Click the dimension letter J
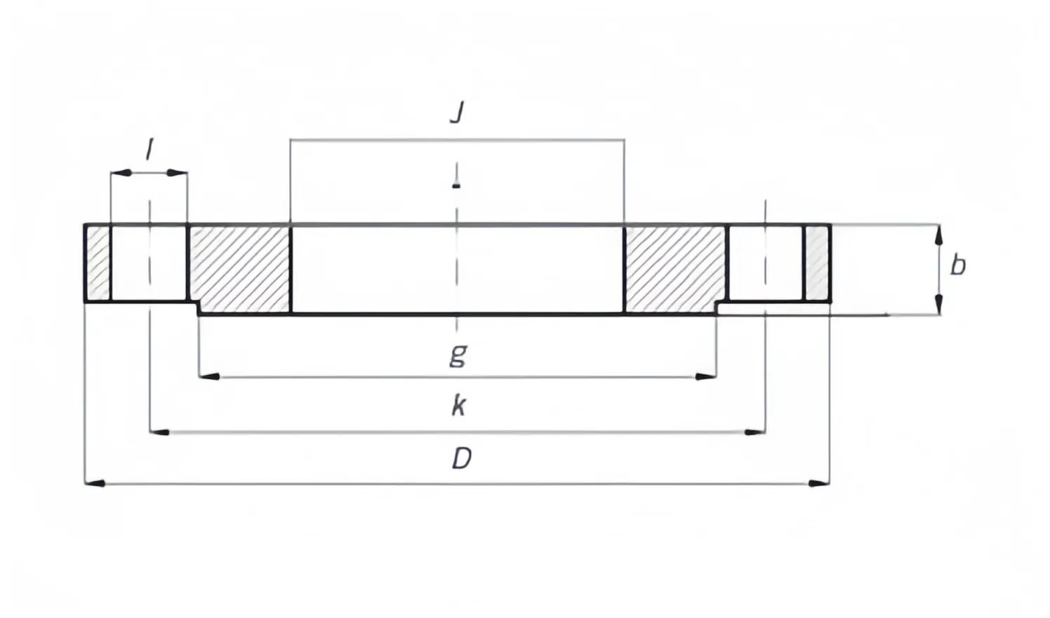click(x=457, y=112)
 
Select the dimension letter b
click(x=958, y=265)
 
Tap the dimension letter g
click(x=458, y=355)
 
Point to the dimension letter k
click(x=458, y=406)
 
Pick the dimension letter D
click(x=462, y=458)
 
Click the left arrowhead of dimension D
click(x=94, y=483)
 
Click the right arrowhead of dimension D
click(x=819, y=483)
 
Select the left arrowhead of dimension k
click(x=159, y=432)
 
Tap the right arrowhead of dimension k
click(x=755, y=432)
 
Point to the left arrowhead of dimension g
click(x=209, y=376)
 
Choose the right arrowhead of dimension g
click(x=706, y=376)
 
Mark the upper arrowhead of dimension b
click(x=938, y=235)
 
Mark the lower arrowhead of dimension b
click(x=938, y=305)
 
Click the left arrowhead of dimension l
click(x=121, y=173)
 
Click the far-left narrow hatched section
click(x=98, y=263)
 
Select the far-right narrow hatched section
click(x=817, y=263)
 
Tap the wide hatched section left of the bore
click(x=240, y=269)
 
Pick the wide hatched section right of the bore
click(x=675, y=269)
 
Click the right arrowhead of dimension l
click(x=178, y=173)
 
